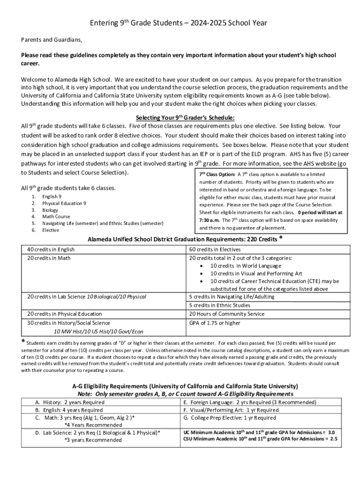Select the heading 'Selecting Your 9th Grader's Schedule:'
pos(185,117)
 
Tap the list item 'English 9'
pos(52,197)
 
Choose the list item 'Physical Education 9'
pos(64,203)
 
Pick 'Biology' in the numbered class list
pos(50,210)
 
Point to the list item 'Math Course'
pos(56,217)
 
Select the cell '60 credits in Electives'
pos(215,250)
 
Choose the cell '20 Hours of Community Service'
pos(226,314)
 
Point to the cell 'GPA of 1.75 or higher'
pos(215,323)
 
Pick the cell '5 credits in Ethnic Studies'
pos(219,305)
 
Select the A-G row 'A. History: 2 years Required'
pos(70,402)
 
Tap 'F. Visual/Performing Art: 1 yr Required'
pos(231,410)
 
